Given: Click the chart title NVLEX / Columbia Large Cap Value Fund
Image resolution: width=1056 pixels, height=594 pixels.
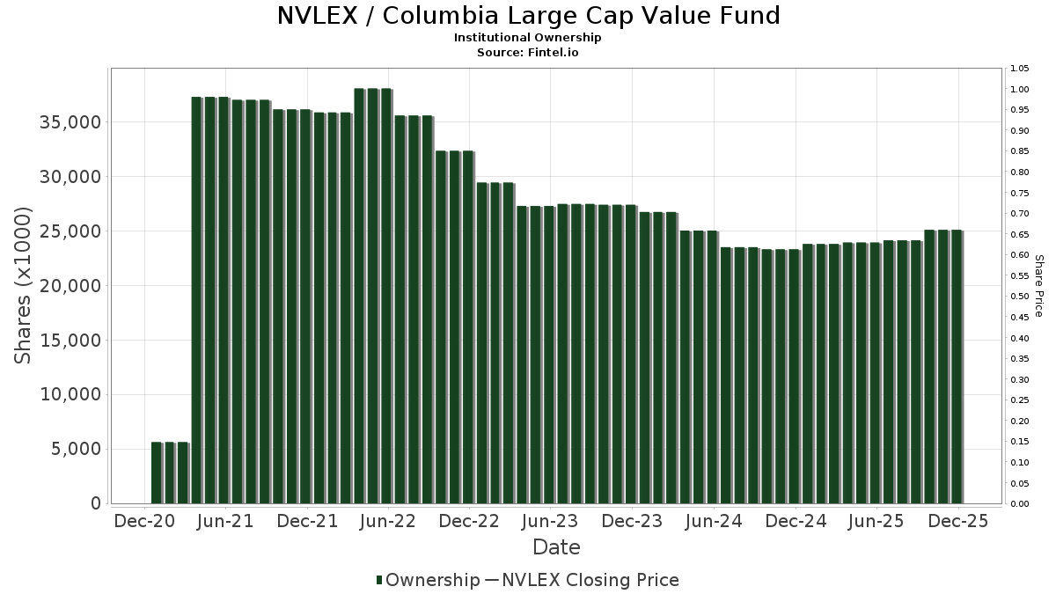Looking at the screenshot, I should click(528, 16).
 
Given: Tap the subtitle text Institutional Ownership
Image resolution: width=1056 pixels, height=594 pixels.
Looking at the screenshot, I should click(528, 38).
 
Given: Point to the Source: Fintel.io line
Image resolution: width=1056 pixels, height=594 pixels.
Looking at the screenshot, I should click(528, 53).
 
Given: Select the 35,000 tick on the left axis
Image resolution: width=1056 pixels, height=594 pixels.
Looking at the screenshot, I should click(71, 122).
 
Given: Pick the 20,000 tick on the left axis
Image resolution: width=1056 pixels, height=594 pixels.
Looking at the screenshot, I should click(71, 286).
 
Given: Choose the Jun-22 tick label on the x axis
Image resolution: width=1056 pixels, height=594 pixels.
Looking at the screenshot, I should click(388, 521).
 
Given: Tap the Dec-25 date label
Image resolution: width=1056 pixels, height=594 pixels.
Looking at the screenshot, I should click(957, 521).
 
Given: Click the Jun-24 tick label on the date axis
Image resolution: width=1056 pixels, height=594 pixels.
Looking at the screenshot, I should click(714, 521).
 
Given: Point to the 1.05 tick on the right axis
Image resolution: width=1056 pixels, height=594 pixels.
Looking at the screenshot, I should click(1020, 69).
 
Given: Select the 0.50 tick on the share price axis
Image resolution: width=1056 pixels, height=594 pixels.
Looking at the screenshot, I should click(1020, 297).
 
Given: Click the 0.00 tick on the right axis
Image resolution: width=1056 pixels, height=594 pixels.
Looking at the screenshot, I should click(1020, 504).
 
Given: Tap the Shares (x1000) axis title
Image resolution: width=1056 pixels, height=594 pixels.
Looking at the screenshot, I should click(24, 286).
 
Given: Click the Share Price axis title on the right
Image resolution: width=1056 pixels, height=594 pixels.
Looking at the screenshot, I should click(1038, 286).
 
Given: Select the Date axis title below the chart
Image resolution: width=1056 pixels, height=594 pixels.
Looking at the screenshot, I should click(556, 547).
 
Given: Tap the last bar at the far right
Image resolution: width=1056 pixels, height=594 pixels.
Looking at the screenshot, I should click(957, 366).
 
